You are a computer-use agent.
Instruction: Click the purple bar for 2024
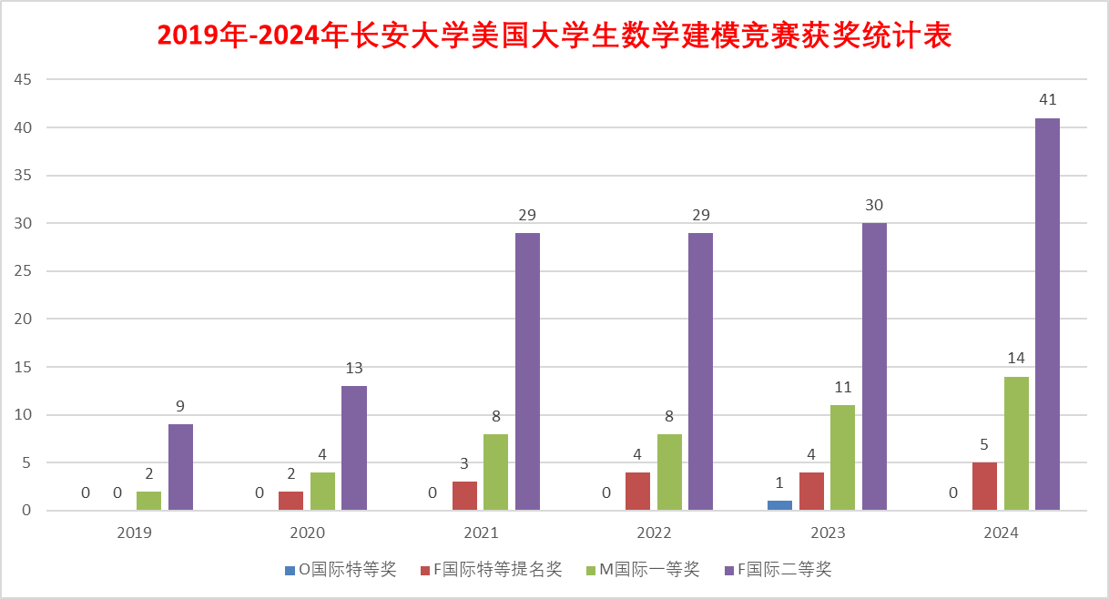[x=1047, y=314]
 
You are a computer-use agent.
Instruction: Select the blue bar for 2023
[x=779, y=505]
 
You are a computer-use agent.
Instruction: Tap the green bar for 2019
[x=148, y=501]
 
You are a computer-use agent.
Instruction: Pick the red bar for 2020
[x=290, y=501]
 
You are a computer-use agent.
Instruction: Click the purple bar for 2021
[x=527, y=371]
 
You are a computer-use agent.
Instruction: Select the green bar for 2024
[x=1016, y=443]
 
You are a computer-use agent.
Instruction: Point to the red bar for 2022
[x=637, y=492]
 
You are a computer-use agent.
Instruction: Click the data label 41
[x=1047, y=100]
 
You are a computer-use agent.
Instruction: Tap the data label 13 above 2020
[x=354, y=368]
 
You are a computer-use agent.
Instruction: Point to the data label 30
[x=874, y=205]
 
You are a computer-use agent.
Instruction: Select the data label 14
[x=1016, y=358]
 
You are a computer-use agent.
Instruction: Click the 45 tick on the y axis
[x=23, y=80]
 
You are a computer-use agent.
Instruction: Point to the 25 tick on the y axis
[x=23, y=271]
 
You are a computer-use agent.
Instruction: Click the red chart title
[x=554, y=35]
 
